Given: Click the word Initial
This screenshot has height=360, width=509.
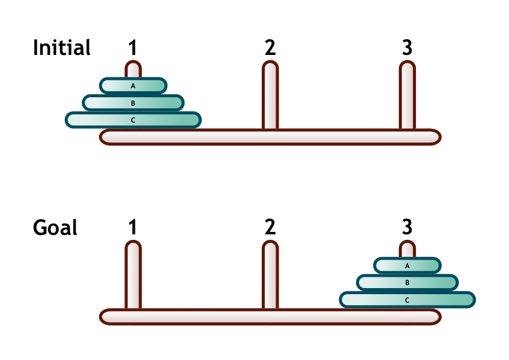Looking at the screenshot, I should [62, 48].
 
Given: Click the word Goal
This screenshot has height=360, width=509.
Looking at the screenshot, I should [55, 228].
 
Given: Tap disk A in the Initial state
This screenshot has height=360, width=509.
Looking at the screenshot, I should [133, 86].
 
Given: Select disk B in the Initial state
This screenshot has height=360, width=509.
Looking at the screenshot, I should [133, 103].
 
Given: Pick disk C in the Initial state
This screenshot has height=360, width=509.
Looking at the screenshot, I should [133, 120].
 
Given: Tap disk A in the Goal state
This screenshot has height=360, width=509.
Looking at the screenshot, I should [407, 265].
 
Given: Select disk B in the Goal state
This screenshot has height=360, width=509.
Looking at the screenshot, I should [407, 282].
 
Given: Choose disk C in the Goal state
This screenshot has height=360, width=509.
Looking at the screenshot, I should [407, 299].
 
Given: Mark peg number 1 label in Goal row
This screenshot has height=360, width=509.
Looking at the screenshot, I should [133, 228].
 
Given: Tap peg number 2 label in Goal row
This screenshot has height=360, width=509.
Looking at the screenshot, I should [270, 228].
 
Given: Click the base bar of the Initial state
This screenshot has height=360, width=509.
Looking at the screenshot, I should [270, 137].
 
